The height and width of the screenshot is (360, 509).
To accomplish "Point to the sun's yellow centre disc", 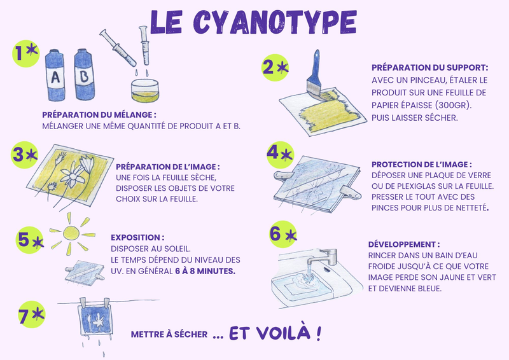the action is tap(71, 233).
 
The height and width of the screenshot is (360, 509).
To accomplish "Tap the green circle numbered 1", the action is tap(25, 53).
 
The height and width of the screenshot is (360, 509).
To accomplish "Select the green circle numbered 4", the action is tap(280, 155).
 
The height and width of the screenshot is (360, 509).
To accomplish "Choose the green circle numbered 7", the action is tap(31, 314).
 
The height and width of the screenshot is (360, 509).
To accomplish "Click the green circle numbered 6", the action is tap(283, 234).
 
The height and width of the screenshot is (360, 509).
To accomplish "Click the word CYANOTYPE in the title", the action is tap(275, 22).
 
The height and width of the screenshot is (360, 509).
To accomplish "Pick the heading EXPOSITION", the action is tap(136, 238).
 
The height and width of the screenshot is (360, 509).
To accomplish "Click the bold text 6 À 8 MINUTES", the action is tap(205, 271).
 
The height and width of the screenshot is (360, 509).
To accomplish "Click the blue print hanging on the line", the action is tap(95, 319).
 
